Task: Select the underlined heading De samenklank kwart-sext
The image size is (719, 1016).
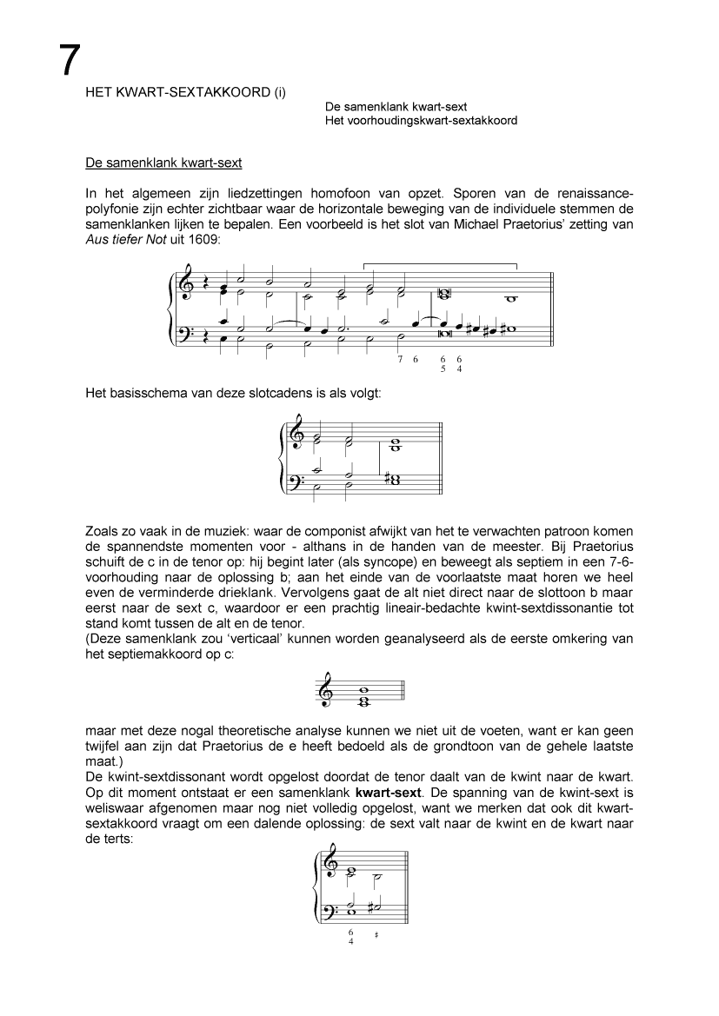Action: [x=163, y=163]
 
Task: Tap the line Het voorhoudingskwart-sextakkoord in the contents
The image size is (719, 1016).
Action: [x=421, y=120]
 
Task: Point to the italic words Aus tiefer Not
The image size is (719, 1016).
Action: [x=121, y=239]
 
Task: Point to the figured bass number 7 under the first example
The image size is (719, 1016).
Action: [x=399, y=358]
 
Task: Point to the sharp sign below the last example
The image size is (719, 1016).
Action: [x=376, y=935]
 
